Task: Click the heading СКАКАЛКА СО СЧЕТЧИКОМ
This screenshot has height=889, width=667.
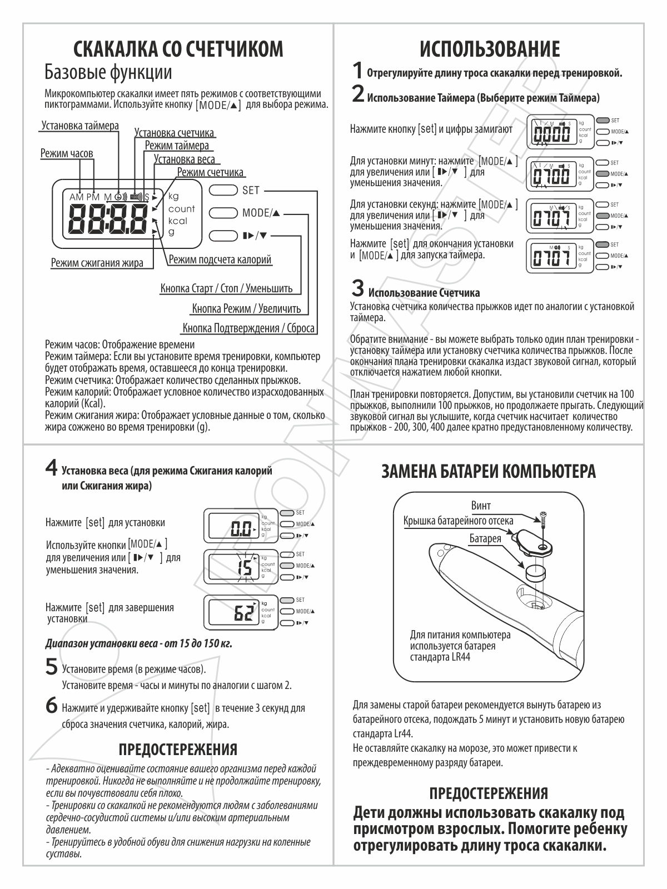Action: click(x=178, y=49)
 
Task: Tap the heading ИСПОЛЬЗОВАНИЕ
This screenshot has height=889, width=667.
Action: click(x=489, y=49)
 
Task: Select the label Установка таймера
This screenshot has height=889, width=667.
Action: click(x=80, y=126)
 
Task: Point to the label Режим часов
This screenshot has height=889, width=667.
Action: click(x=67, y=153)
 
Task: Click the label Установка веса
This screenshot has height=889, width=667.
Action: click(x=185, y=159)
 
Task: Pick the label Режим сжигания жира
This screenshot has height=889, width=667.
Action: click(x=97, y=263)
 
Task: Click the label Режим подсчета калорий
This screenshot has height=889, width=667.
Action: click(x=220, y=259)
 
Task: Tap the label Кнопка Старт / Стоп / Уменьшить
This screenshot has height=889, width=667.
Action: click(x=226, y=288)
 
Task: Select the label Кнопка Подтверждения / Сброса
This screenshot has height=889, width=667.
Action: click(x=248, y=328)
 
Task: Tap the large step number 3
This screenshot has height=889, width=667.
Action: click(x=357, y=288)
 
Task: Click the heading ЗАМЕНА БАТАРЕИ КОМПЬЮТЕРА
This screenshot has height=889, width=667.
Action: click(x=489, y=472)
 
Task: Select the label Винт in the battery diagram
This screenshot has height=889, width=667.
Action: click(x=481, y=506)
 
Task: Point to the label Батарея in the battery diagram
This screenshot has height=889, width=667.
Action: click(x=485, y=538)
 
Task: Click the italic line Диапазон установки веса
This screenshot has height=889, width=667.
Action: click(x=138, y=644)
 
